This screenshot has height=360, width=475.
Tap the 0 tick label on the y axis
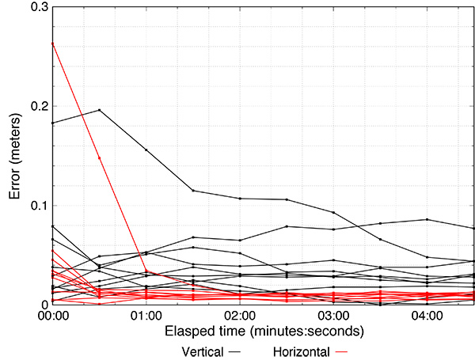44,305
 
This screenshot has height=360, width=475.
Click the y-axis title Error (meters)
13,156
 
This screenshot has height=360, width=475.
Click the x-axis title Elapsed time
264,330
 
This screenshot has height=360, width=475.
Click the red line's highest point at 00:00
52,43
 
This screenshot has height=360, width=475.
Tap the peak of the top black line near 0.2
99,110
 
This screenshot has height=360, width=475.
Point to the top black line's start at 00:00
52,123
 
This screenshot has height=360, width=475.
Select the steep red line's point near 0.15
99,158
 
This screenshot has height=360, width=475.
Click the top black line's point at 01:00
146,150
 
